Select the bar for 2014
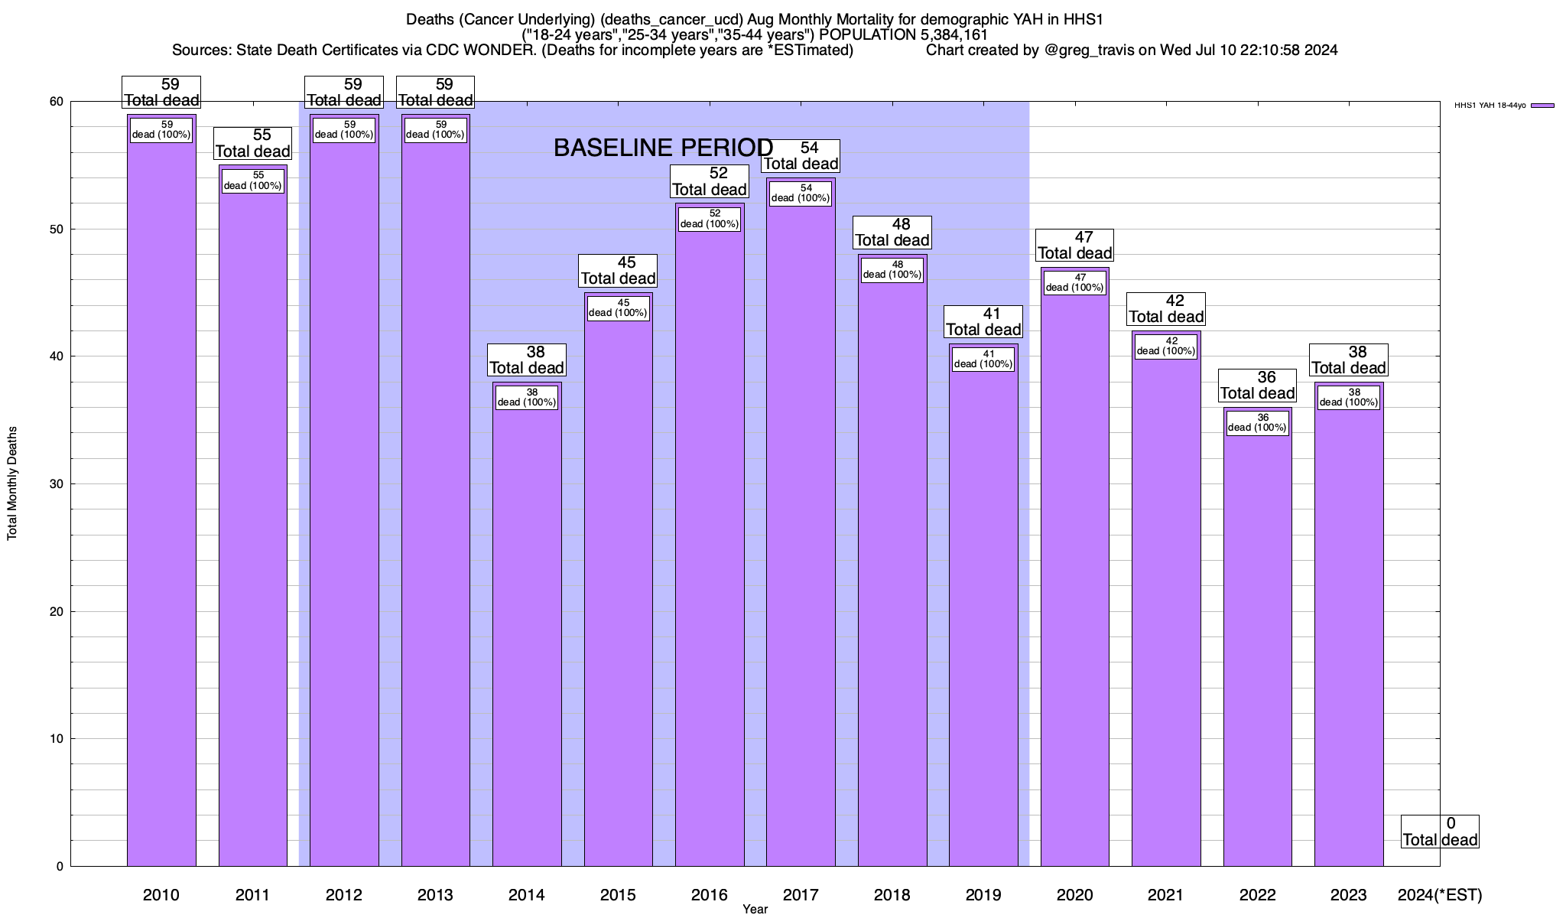[x=527, y=635]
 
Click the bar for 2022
[x=1257, y=650]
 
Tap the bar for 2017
[x=801, y=535]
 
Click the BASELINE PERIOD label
[x=663, y=148]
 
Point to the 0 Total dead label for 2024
[x=1440, y=832]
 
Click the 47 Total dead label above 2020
[x=1074, y=246]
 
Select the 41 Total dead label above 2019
[x=983, y=322]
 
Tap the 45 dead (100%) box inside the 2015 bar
[x=618, y=308]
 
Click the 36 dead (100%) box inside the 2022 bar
[x=1257, y=423]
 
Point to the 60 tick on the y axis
[x=57, y=102]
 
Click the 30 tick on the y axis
[x=57, y=484]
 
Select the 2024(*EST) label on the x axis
[x=1439, y=895]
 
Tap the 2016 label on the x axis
[x=709, y=895]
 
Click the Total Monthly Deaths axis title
[x=12, y=483]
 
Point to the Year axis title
[x=755, y=910]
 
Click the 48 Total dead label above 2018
[x=892, y=233]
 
